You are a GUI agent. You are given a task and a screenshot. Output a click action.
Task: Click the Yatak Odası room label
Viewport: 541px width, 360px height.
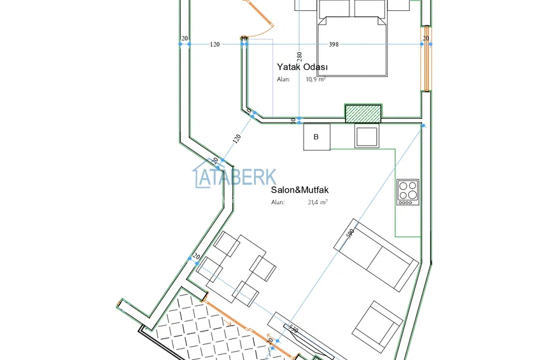click(x=302, y=67)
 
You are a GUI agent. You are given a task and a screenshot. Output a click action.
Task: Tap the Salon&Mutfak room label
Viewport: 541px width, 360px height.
click(x=300, y=190)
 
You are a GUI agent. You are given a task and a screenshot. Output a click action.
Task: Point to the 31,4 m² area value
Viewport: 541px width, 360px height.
click(x=317, y=202)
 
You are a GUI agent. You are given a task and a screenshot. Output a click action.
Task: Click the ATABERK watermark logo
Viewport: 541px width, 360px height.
click(x=235, y=177)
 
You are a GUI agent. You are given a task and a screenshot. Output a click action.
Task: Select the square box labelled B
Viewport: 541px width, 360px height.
click(x=317, y=137)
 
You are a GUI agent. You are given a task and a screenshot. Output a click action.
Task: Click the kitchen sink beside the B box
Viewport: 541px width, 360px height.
click(x=367, y=136)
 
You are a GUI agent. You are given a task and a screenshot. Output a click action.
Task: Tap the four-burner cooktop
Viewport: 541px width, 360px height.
click(x=408, y=191)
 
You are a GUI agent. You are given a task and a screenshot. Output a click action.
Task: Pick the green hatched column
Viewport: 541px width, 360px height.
click(x=363, y=113)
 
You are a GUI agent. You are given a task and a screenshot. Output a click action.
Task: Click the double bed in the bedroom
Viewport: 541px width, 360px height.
click(x=353, y=38)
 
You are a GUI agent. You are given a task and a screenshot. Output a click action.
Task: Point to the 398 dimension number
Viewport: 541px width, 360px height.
click(x=334, y=45)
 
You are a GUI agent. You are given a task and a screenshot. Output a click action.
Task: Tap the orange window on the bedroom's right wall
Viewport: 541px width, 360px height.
click(x=425, y=59)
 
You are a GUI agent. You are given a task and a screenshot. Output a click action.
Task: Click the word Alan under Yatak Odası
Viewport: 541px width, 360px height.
click(x=283, y=80)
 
